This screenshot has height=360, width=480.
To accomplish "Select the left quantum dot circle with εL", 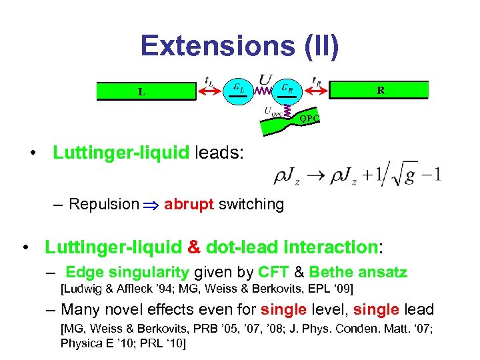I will (x=239, y=90).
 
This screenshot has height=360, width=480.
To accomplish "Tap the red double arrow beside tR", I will (x=319, y=91).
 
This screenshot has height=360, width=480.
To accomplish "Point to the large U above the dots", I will (x=265, y=79).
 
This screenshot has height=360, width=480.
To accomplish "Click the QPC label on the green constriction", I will (x=309, y=118).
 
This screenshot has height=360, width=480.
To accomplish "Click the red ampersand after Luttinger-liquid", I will (x=194, y=247).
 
